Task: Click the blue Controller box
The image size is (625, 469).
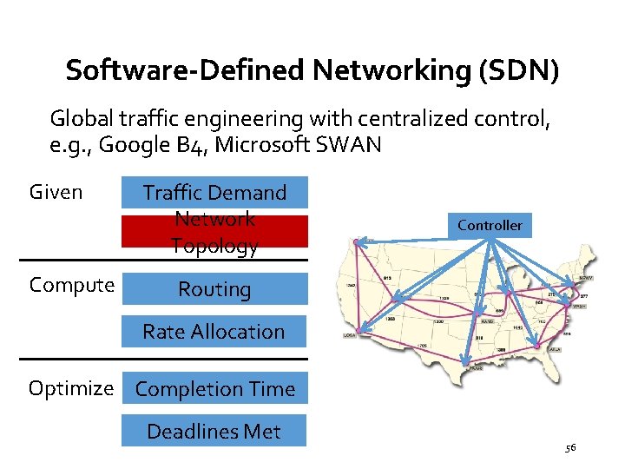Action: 490,225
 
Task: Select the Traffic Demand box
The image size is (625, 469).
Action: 214,192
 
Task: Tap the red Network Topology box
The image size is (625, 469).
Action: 214,232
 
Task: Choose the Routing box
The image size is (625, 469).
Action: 214,289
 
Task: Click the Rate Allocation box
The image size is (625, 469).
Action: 214,331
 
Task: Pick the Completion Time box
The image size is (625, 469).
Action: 214,389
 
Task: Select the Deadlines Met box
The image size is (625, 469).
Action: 214,431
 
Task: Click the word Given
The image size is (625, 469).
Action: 56,191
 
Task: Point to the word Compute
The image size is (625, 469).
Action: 71,285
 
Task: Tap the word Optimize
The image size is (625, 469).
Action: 71,388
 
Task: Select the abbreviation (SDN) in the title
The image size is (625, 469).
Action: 518,69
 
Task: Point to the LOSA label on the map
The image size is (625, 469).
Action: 351,335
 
